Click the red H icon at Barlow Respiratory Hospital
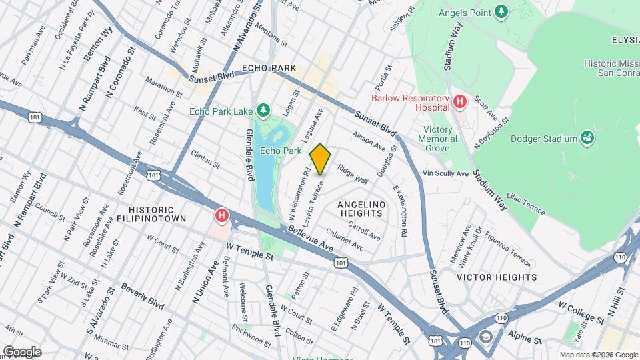(459, 102)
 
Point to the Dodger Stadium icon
(587, 138)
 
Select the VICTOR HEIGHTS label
(497, 277)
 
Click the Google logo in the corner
(22, 351)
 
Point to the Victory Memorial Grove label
(441, 139)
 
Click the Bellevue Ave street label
(311, 238)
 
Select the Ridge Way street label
(353, 175)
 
